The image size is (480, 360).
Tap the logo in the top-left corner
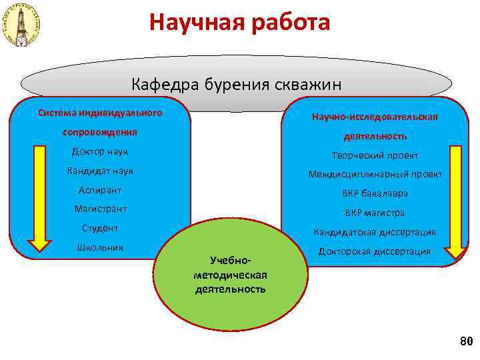point(23,25)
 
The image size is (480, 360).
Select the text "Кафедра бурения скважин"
point(237,85)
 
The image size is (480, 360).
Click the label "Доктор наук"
point(100,151)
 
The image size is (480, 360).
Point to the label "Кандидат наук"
point(100,171)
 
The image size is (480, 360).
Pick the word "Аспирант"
point(100,190)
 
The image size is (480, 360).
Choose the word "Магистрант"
point(100,209)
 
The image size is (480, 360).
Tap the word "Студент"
point(100,229)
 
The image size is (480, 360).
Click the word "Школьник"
point(100,247)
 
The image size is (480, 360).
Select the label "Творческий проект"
point(375,155)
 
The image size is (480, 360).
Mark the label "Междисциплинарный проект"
point(375,174)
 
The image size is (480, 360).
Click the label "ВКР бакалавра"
point(375,193)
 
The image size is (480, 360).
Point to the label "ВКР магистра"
point(375,213)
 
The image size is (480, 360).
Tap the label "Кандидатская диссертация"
point(375,232)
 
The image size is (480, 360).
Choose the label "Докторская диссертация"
point(375,251)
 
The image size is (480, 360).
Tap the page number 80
point(465,342)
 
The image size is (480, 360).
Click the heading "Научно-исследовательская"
point(375,117)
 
